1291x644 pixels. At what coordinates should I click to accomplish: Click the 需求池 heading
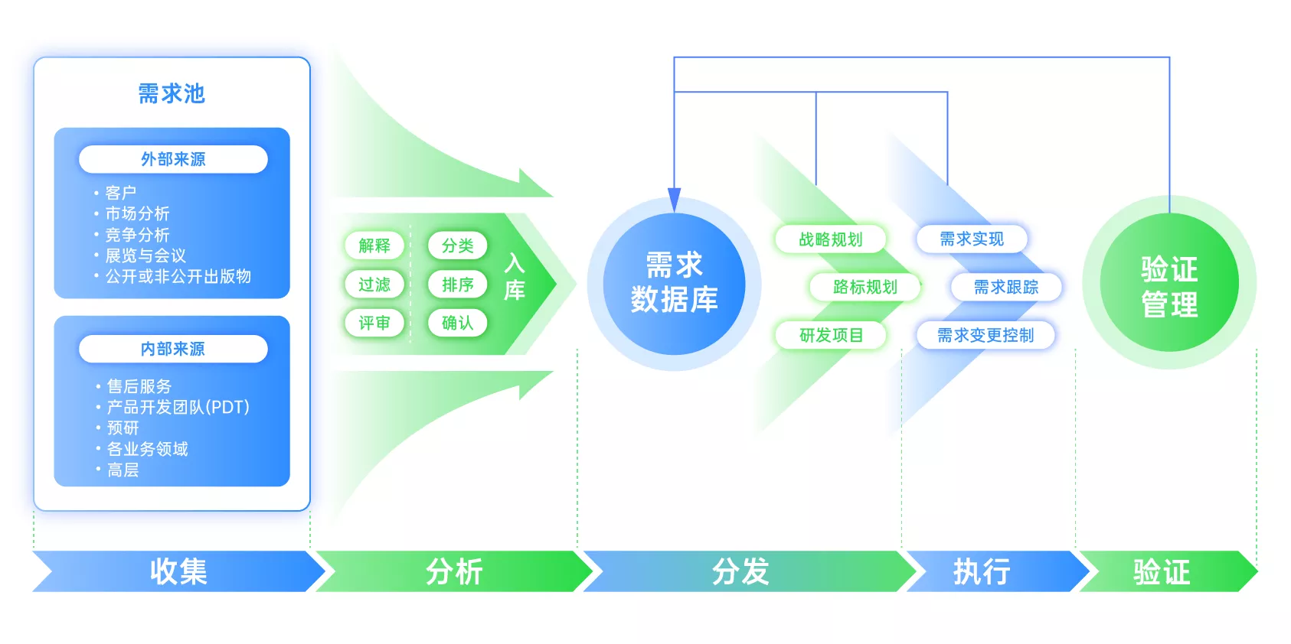pyautogui.click(x=172, y=93)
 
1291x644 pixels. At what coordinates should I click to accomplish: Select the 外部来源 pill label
pyautogui.click(x=173, y=159)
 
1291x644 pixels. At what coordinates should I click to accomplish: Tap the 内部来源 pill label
pyautogui.click(x=173, y=349)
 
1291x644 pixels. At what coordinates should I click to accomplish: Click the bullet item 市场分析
pyautogui.click(x=137, y=213)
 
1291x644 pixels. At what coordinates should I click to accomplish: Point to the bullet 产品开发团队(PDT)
pyautogui.click(x=178, y=407)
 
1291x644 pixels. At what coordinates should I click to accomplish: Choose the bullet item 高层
pyautogui.click(x=123, y=470)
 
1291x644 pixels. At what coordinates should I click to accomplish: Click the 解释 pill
pyautogui.click(x=374, y=246)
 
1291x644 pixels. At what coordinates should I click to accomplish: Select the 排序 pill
pyautogui.click(x=457, y=285)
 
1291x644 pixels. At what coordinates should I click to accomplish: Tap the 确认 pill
pyautogui.click(x=457, y=323)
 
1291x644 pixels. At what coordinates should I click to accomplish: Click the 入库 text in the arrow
pyautogui.click(x=515, y=277)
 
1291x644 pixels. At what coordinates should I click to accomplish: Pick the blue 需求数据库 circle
pyautogui.click(x=674, y=283)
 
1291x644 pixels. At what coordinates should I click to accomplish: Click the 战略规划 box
pyautogui.click(x=830, y=239)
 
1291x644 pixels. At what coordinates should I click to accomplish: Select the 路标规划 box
pyautogui.click(x=864, y=287)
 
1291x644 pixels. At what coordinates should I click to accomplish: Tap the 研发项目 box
pyautogui.click(x=831, y=335)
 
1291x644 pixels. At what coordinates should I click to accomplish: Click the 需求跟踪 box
pyautogui.click(x=1005, y=287)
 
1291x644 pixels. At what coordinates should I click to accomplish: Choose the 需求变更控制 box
pyautogui.click(x=985, y=335)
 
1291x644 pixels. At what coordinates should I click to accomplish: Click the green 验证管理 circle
pyautogui.click(x=1168, y=285)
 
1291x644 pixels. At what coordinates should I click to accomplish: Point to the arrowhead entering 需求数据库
pyautogui.click(x=674, y=200)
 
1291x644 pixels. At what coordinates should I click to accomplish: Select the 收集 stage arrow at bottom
pyautogui.click(x=178, y=571)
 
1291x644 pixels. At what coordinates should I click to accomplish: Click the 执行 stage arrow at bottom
pyautogui.click(x=982, y=571)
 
